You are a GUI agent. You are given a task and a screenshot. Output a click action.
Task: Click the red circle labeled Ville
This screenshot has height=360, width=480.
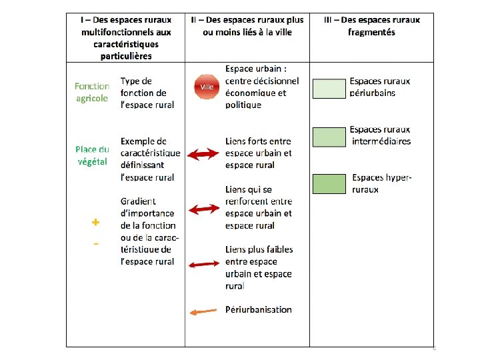click(207, 87)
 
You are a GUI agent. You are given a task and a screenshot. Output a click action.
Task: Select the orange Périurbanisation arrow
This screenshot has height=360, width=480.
click(203, 311)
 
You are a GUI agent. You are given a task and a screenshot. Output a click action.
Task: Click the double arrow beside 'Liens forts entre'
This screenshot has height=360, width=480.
click(203, 154)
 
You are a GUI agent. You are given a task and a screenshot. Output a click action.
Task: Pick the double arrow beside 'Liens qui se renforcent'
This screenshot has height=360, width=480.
click(203, 209)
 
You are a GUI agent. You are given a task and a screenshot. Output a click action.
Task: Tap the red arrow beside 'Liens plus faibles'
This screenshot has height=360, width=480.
click(203, 264)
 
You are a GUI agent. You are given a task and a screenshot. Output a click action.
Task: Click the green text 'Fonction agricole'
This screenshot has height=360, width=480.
click(92, 92)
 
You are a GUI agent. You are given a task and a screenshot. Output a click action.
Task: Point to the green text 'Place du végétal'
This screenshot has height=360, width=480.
click(92, 155)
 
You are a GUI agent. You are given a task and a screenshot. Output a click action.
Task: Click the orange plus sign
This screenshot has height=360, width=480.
click(96, 222)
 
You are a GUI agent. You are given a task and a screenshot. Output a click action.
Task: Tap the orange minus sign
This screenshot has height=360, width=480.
click(96, 244)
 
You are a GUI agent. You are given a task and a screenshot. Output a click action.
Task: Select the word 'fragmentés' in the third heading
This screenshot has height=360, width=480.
click(371, 32)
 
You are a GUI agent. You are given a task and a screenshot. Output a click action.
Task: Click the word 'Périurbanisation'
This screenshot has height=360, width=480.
click(259, 309)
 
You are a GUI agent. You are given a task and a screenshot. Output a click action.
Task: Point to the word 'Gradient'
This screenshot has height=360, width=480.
click(138, 201)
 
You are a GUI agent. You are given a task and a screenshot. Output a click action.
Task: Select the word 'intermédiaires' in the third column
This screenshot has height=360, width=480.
click(381, 141)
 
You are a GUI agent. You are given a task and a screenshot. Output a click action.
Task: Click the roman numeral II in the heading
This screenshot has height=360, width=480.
click(194, 20)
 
